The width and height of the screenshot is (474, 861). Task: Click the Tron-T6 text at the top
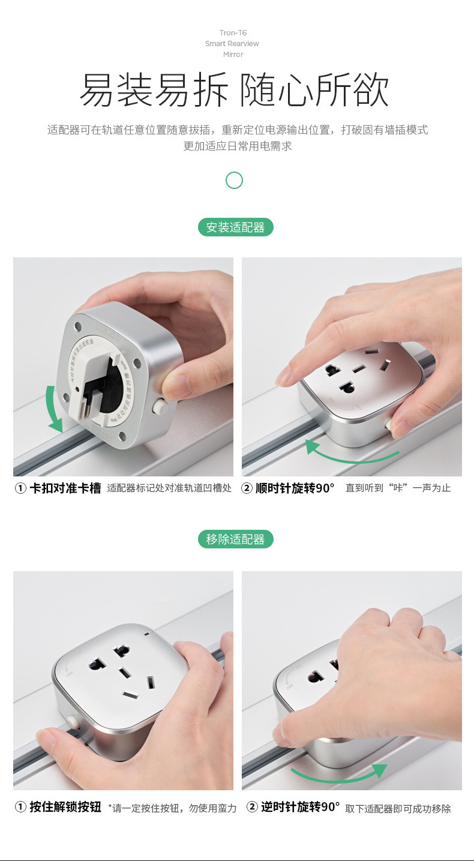tap(233, 33)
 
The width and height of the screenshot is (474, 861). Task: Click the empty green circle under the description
tap(234, 180)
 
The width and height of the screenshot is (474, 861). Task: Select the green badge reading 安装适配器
tap(235, 227)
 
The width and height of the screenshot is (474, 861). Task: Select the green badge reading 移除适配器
tap(235, 539)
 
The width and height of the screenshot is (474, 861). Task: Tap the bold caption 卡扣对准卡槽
tap(65, 488)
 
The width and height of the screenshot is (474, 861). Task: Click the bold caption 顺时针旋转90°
tap(295, 488)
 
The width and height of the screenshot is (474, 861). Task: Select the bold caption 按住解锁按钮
tap(65, 807)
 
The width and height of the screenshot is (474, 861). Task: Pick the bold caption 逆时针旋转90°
tap(300, 807)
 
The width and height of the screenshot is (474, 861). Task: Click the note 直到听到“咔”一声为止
tap(398, 488)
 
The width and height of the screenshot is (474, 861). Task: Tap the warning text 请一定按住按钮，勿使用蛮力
tap(172, 808)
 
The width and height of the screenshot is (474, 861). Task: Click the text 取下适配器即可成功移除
tap(398, 808)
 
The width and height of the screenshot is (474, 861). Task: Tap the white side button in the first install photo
tap(160, 406)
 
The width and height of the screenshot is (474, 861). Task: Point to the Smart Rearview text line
tap(233, 44)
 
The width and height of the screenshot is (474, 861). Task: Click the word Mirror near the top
tap(233, 55)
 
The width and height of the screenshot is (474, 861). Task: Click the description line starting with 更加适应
tap(237, 146)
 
